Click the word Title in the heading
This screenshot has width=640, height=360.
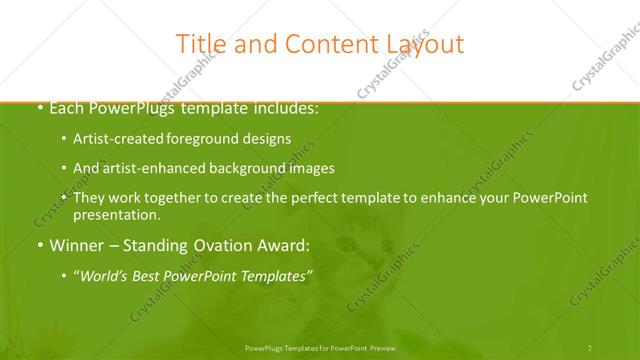[x=199, y=44]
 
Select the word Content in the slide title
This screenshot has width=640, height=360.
[x=320, y=44]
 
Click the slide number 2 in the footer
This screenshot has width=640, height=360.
[x=590, y=347]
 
